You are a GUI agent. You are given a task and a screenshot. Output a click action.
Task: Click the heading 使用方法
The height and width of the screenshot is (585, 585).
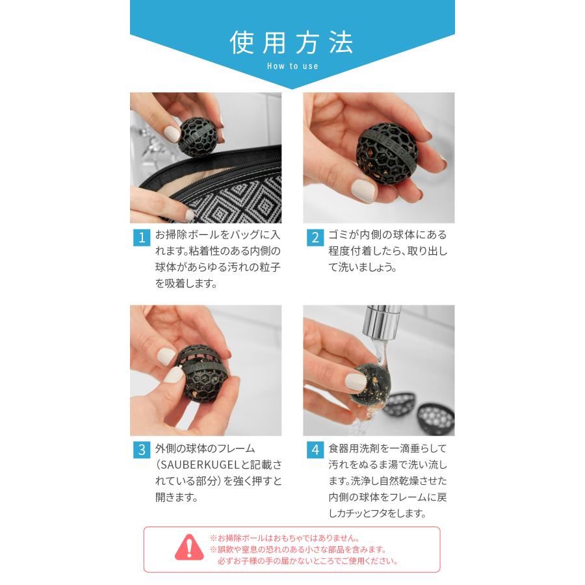pos(292,43)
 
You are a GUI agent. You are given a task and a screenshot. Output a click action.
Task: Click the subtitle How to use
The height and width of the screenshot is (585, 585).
pos(292,66)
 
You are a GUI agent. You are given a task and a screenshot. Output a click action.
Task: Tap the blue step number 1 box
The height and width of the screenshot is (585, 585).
pos(141,237)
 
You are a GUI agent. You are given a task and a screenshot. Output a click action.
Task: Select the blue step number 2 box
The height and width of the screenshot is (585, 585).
pos(315,237)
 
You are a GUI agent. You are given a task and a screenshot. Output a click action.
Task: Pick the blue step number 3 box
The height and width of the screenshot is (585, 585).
pos(141,450)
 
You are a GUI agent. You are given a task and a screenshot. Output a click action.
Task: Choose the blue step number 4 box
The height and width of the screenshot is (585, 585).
pos(315,450)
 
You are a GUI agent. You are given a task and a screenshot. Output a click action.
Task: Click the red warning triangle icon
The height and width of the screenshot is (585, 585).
pos(189,547)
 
